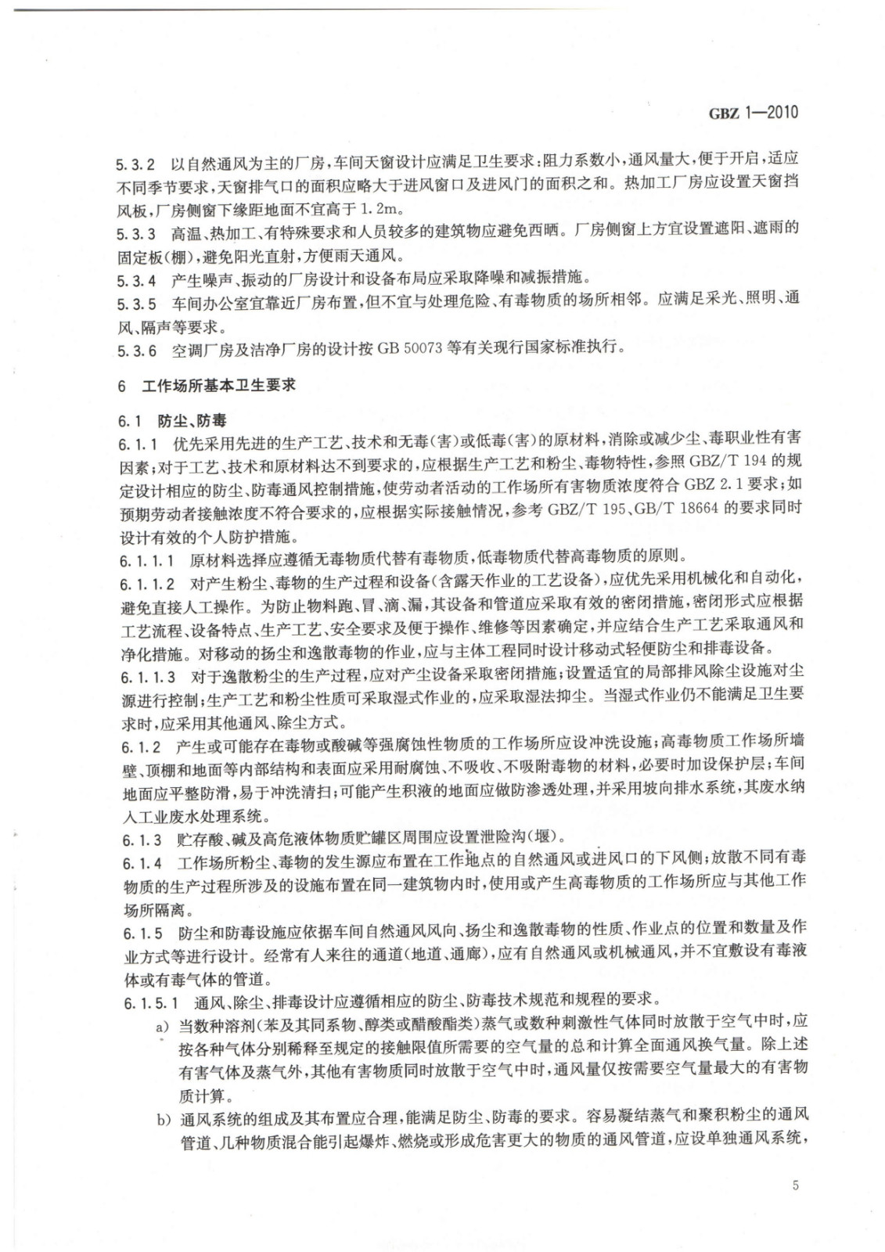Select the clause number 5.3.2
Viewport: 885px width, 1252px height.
point(135,164)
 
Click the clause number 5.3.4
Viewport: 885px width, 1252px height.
point(135,277)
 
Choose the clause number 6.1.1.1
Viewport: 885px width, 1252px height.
point(147,559)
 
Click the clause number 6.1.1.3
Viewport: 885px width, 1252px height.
point(147,674)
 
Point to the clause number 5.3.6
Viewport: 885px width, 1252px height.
point(135,348)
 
